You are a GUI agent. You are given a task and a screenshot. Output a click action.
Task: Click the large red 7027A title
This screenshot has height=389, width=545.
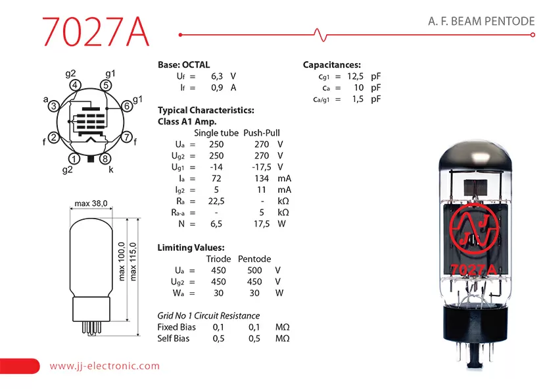coord(95,32)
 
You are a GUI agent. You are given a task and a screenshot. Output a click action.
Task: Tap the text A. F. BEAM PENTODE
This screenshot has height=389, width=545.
coord(481,21)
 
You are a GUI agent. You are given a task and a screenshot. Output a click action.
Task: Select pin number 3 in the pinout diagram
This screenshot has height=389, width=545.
coord(53,106)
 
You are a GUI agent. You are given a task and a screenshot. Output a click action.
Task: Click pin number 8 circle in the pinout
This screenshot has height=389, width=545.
coord(105,159)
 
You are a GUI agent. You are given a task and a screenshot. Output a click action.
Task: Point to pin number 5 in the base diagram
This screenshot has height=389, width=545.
coord(106,85)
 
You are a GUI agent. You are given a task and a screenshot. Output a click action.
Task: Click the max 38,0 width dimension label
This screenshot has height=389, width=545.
coord(91,203)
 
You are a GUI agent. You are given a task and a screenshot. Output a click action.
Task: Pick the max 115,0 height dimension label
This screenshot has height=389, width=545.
coord(133,261)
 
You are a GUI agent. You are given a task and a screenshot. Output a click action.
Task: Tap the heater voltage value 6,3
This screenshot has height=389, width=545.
coord(217,76)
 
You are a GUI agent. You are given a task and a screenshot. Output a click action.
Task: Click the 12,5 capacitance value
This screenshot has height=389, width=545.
coord(355,76)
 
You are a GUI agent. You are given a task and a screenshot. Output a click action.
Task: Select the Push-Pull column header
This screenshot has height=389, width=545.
coord(262,133)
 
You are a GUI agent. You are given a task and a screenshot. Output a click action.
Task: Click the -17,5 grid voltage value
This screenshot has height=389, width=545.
coord(262,167)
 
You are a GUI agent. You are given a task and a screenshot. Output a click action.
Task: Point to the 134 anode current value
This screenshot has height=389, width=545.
coord(262,178)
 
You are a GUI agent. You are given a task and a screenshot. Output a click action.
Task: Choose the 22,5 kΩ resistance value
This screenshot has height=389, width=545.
coord(216,201)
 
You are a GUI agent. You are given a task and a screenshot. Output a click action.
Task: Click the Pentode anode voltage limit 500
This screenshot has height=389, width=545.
coord(254,271)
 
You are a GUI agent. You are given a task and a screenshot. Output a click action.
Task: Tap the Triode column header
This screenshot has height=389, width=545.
coord(218,259)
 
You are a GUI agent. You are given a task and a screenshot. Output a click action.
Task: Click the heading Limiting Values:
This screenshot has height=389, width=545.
coord(191,247)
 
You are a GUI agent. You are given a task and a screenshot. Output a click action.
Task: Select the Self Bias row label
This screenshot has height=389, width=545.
coord(173,338)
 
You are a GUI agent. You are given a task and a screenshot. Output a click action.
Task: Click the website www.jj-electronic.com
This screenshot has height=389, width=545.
coord(105,366)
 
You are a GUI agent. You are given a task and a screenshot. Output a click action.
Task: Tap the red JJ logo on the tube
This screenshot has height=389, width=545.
coord(474,228)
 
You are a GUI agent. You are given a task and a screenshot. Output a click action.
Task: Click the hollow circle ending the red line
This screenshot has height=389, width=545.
coord(533,35)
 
